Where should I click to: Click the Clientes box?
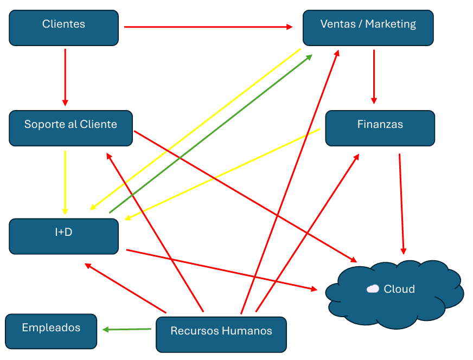pos(63,28)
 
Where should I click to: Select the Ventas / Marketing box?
pos(368,28)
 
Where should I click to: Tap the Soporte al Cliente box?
pos(71,128)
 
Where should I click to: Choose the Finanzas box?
pos(380,128)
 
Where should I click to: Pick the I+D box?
pos(63,236)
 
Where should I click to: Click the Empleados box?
pos(51,331)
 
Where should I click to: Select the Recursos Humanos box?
pos(221,335)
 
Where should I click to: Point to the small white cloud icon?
pos(373,289)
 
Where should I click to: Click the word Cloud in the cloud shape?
pos(399,289)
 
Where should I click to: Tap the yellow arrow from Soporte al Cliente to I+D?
pos(65,182)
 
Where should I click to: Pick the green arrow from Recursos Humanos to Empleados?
pos(127,329)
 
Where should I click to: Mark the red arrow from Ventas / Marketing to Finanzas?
pos(374,76)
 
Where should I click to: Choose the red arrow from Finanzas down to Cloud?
pos(401,204)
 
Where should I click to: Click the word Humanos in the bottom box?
pos(249,331)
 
